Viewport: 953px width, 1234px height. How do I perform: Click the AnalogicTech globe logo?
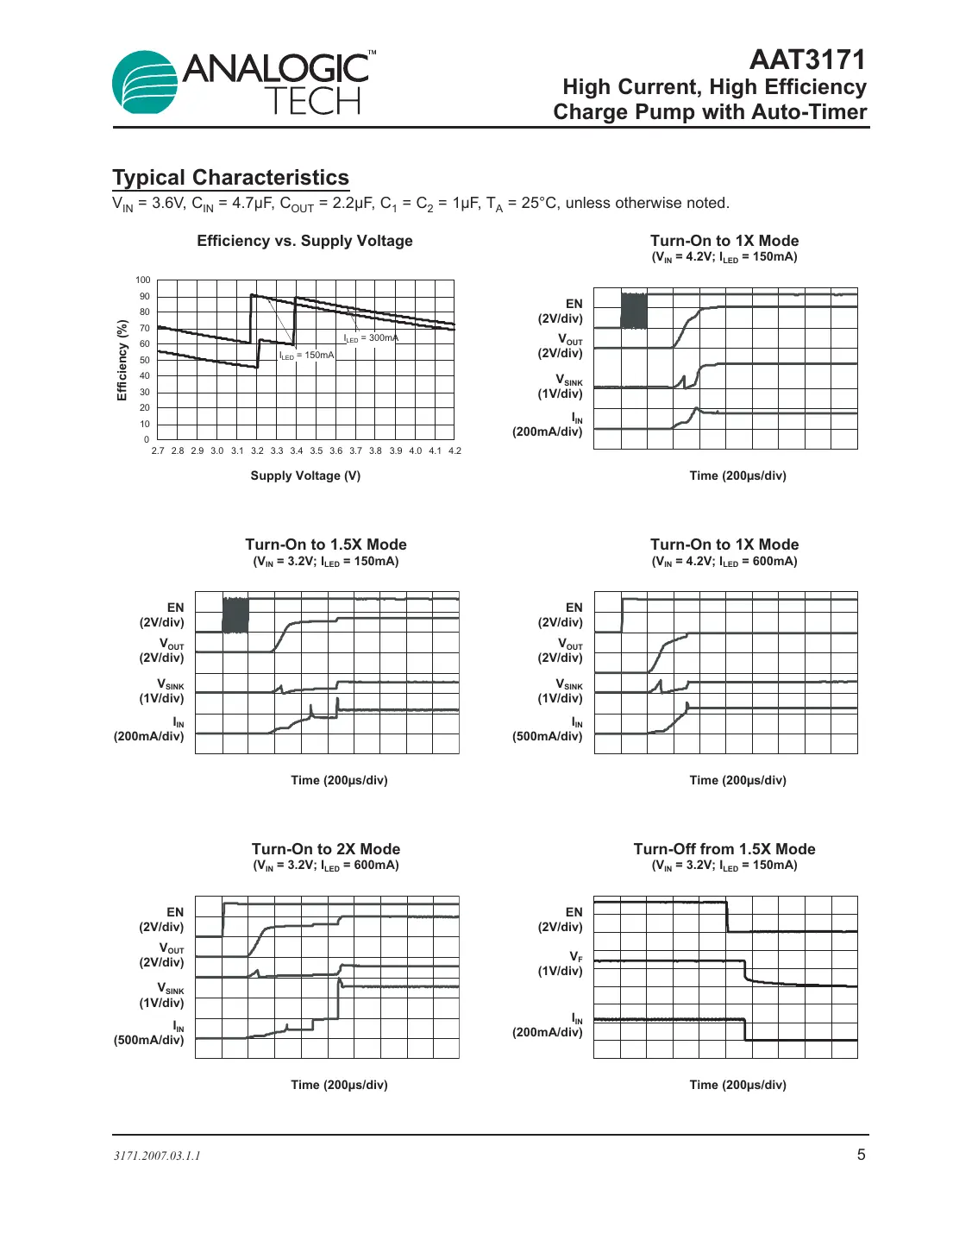pos(144,83)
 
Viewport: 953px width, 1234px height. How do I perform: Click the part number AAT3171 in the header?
pos(807,60)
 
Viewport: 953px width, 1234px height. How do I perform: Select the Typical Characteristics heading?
pos(230,178)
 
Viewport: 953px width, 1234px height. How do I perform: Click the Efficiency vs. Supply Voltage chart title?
pos(304,242)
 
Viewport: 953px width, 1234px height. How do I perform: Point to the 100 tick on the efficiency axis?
pos(142,280)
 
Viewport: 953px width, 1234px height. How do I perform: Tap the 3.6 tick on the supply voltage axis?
pos(335,450)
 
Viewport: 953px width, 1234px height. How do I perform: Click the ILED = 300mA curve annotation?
pos(371,338)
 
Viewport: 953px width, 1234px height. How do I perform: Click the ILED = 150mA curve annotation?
pos(306,356)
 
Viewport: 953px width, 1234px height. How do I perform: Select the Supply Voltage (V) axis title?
pos(305,475)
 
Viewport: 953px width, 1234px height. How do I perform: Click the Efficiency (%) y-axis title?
pos(122,360)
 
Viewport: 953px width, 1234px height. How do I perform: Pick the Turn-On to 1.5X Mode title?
pos(325,545)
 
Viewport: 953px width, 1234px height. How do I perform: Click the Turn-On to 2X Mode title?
pos(325,849)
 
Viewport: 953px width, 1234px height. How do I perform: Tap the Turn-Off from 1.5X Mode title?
pos(724,849)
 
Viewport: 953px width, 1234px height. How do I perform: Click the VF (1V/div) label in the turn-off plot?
pos(561,964)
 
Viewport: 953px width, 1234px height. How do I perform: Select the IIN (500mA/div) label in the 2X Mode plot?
pos(150,1034)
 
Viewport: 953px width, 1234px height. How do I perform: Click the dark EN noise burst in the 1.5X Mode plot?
pos(235,615)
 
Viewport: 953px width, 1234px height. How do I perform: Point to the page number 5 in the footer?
pos(861,1155)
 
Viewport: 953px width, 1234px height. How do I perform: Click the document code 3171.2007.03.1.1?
pos(157,1155)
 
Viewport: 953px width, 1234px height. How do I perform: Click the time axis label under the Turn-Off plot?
pos(737,1085)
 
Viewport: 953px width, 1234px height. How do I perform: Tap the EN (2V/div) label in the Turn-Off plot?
pos(561,919)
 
